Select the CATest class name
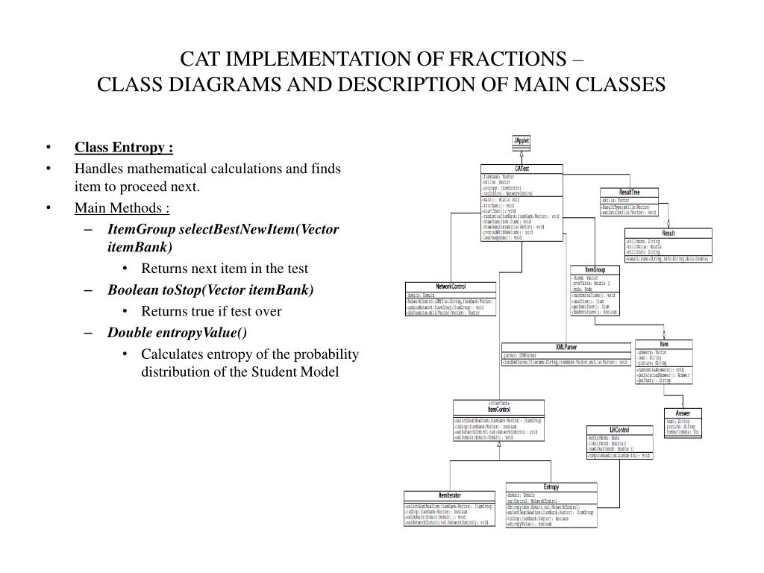click(x=522, y=168)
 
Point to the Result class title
click(x=668, y=233)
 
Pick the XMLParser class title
click(x=566, y=346)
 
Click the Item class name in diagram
click(x=663, y=344)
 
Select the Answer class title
click(x=683, y=413)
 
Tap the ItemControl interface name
click(x=498, y=410)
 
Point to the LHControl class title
click(x=619, y=430)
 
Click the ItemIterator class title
click(x=449, y=495)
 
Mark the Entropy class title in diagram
click(x=551, y=487)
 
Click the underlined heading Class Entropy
click(x=123, y=146)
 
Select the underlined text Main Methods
click(x=122, y=207)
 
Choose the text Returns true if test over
click(x=211, y=311)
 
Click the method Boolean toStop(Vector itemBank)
click(x=210, y=290)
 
